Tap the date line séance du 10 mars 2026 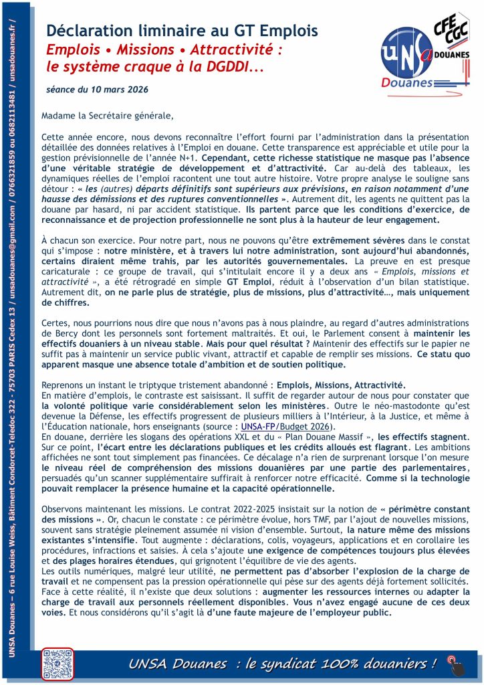point(98,88)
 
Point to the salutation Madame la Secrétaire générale point(107,115)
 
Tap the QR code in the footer point(56,664)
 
